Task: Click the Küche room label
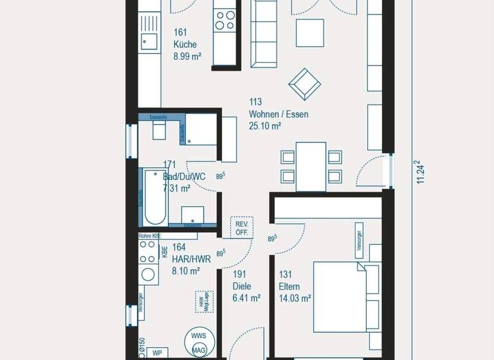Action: (x=185, y=44)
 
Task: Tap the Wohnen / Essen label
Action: (x=279, y=114)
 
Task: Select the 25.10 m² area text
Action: (x=265, y=126)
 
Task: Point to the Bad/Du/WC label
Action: (x=184, y=176)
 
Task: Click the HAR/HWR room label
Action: (x=187, y=259)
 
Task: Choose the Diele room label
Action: (x=242, y=287)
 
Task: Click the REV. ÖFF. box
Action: (x=242, y=227)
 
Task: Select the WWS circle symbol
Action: (x=198, y=336)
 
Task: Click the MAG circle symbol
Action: (x=199, y=351)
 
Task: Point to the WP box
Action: (x=156, y=353)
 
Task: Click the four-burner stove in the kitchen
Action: (x=225, y=20)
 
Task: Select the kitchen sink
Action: (x=149, y=42)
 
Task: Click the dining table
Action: (x=311, y=166)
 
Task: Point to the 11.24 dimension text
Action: (x=421, y=172)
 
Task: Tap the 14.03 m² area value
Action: (x=295, y=298)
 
